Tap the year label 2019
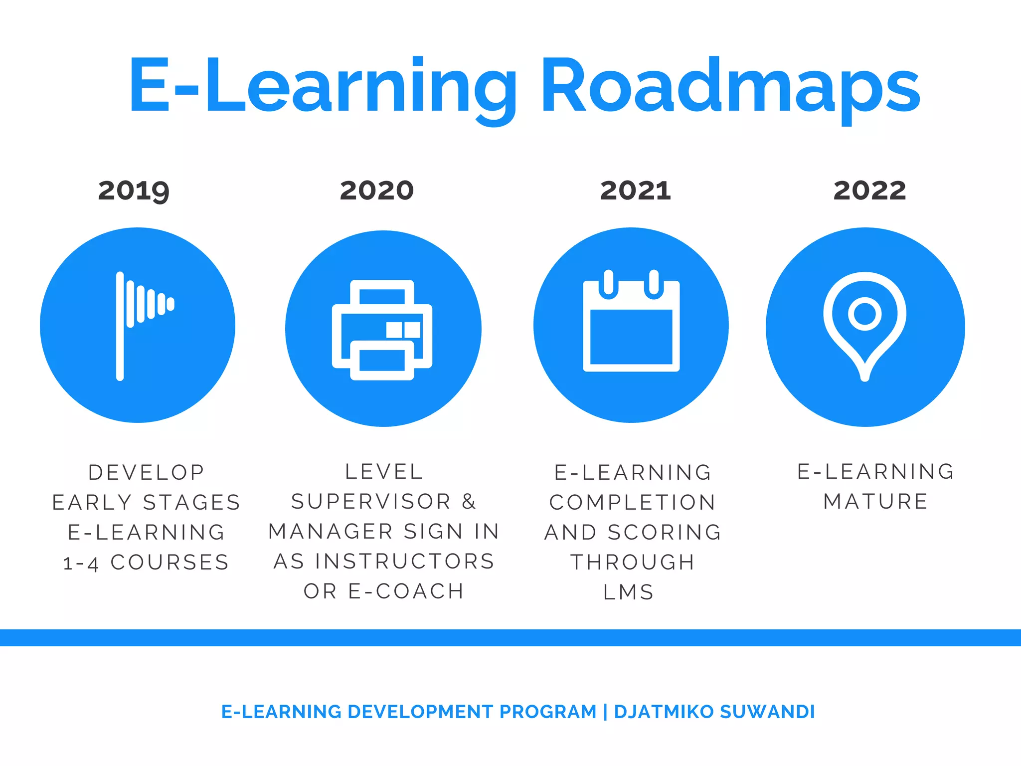[x=134, y=191]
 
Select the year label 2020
[x=377, y=191]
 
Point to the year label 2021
[x=635, y=191]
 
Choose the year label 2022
[x=869, y=191]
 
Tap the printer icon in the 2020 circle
[x=382, y=330]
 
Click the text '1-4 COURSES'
[x=146, y=563]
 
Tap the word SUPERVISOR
[x=371, y=502]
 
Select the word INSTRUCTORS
[x=405, y=562]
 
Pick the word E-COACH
[x=406, y=591]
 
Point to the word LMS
[x=629, y=592]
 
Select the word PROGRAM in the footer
[x=548, y=712]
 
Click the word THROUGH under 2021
[x=633, y=563]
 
